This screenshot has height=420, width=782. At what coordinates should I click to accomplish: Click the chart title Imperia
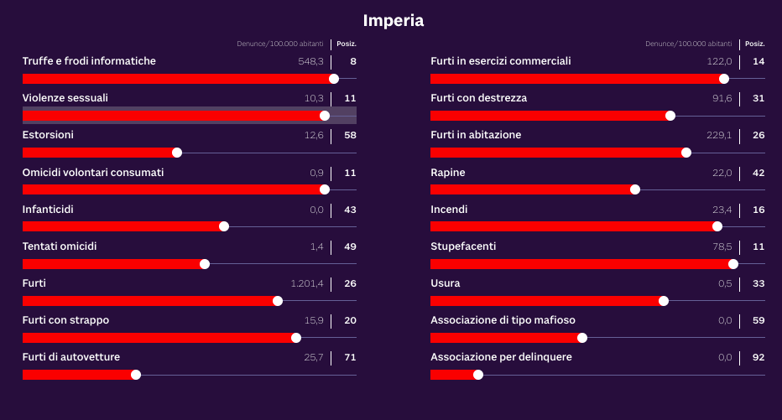coord(393,20)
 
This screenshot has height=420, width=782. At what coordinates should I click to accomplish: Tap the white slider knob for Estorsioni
coord(177,153)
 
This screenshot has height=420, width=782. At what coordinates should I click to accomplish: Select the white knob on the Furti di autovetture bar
coord(136,375)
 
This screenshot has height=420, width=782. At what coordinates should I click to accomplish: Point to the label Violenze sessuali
coord(65,98)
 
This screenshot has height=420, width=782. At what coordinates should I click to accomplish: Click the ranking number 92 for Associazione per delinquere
coord(759,357)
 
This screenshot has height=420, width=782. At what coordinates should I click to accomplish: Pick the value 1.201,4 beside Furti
coord(307,283)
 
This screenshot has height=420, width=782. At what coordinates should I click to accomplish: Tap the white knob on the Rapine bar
coord(635,189)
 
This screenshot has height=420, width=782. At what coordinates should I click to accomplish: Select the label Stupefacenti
coord(463,246)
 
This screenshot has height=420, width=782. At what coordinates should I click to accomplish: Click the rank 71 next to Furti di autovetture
coord(350,357)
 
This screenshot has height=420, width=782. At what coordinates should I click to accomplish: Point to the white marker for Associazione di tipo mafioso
coord(582,338)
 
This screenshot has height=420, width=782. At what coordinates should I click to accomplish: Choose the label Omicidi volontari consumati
coord(93,172)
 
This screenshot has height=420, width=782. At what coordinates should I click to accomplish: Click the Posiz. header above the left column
coord(346,44)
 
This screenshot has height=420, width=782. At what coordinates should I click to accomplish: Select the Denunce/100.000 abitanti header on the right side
coord(688,44)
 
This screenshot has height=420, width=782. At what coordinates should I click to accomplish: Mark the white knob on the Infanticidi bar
coord(224,226)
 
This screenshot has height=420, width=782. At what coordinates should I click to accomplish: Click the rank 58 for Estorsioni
coord(350,135)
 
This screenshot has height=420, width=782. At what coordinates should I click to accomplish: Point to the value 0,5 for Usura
coord(725,283)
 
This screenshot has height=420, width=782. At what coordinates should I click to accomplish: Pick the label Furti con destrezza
coord(478,98)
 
